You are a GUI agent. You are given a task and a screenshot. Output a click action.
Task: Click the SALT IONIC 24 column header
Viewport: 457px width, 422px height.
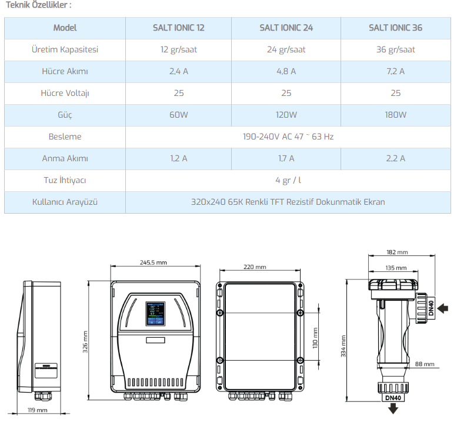pyautogui.click(x=286, y=28)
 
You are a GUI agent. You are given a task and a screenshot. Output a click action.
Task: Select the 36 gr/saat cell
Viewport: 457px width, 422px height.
pyautogui.click(x=395, y=49)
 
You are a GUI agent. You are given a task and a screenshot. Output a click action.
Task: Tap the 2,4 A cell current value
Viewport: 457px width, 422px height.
pyautogui.click(x=179, y=71)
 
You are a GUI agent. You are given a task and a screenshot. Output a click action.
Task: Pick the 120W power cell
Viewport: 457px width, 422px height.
pyautogui.click(x=286, y=115)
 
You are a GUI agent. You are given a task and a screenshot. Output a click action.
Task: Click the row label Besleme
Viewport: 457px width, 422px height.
pyautogui.click(x=65, y=137)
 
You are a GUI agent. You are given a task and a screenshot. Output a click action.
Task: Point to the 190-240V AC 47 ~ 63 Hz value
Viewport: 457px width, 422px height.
pyautogui.click(x=288, y=137)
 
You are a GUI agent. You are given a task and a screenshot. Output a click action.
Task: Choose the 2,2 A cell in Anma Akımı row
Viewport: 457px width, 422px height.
pyautogui.click(x=395, y=158)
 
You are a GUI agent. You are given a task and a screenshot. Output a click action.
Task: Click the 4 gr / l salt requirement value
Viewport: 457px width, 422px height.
pyautogui.click(x=288, y=180)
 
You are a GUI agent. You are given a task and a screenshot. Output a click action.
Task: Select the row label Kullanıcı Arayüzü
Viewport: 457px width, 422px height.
pyautogui.click(x=65, y=202)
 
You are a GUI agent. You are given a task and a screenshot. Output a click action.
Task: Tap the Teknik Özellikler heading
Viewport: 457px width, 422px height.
pyautogui.click(x=38, y=5)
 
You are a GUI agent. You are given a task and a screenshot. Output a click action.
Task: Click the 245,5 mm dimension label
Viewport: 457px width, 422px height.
pyautogui.click(x=154, y=262)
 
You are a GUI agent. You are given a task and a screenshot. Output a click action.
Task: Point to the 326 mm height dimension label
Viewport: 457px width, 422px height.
pyautogui.click(x=85, y=342)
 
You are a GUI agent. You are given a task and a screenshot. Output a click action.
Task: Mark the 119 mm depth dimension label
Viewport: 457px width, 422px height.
pyautogui.click(x=37, y=410)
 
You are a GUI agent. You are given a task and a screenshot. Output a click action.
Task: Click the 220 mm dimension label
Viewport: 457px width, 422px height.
pyautogui.click(x=255, y=267)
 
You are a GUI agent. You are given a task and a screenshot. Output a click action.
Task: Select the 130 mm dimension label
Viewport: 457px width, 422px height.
pyautogui.click(x=315, y=338)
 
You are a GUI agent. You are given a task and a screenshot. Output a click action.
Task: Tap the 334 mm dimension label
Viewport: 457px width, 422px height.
pyautogui.click(x=343, y=346)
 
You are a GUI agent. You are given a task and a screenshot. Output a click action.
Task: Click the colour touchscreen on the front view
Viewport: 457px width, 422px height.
pyautogui.click(x=155, y=314)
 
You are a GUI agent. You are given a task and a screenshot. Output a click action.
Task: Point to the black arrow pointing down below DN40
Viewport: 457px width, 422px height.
pyautogui.click(x=393, y=408)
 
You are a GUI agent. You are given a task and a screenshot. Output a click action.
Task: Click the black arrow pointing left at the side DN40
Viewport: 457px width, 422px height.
pyautogui.click(x=443, y=308)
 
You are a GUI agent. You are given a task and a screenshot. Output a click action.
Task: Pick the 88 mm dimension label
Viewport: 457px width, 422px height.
pyautogui.click(x=425, y=364)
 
